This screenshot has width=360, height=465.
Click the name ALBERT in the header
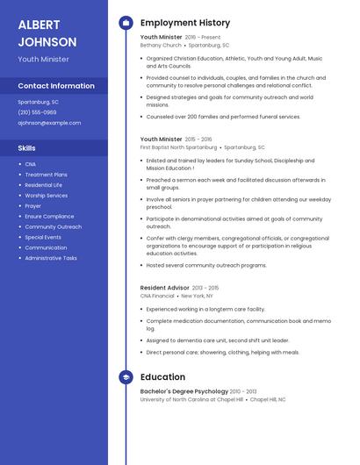40,25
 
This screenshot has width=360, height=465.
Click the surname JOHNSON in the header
47,42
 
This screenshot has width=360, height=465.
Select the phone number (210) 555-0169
37,112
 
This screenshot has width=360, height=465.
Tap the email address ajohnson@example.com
49,123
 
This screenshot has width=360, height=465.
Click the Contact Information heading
56,86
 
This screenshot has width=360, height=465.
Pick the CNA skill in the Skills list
31,164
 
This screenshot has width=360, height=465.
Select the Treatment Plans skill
46,175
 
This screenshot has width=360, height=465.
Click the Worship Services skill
47,196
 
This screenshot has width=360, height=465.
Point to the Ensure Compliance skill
49,216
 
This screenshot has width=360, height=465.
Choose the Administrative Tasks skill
51,258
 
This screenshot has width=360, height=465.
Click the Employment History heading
185,23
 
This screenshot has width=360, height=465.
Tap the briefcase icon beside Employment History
126,23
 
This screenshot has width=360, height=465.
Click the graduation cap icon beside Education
126,377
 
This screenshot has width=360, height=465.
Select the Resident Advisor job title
163,288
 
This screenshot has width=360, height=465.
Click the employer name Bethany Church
161,45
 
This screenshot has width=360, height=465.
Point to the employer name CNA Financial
157,297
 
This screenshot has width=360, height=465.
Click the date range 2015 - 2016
198,139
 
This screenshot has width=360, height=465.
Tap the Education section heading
162,377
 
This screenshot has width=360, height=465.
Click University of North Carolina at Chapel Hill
191,399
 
